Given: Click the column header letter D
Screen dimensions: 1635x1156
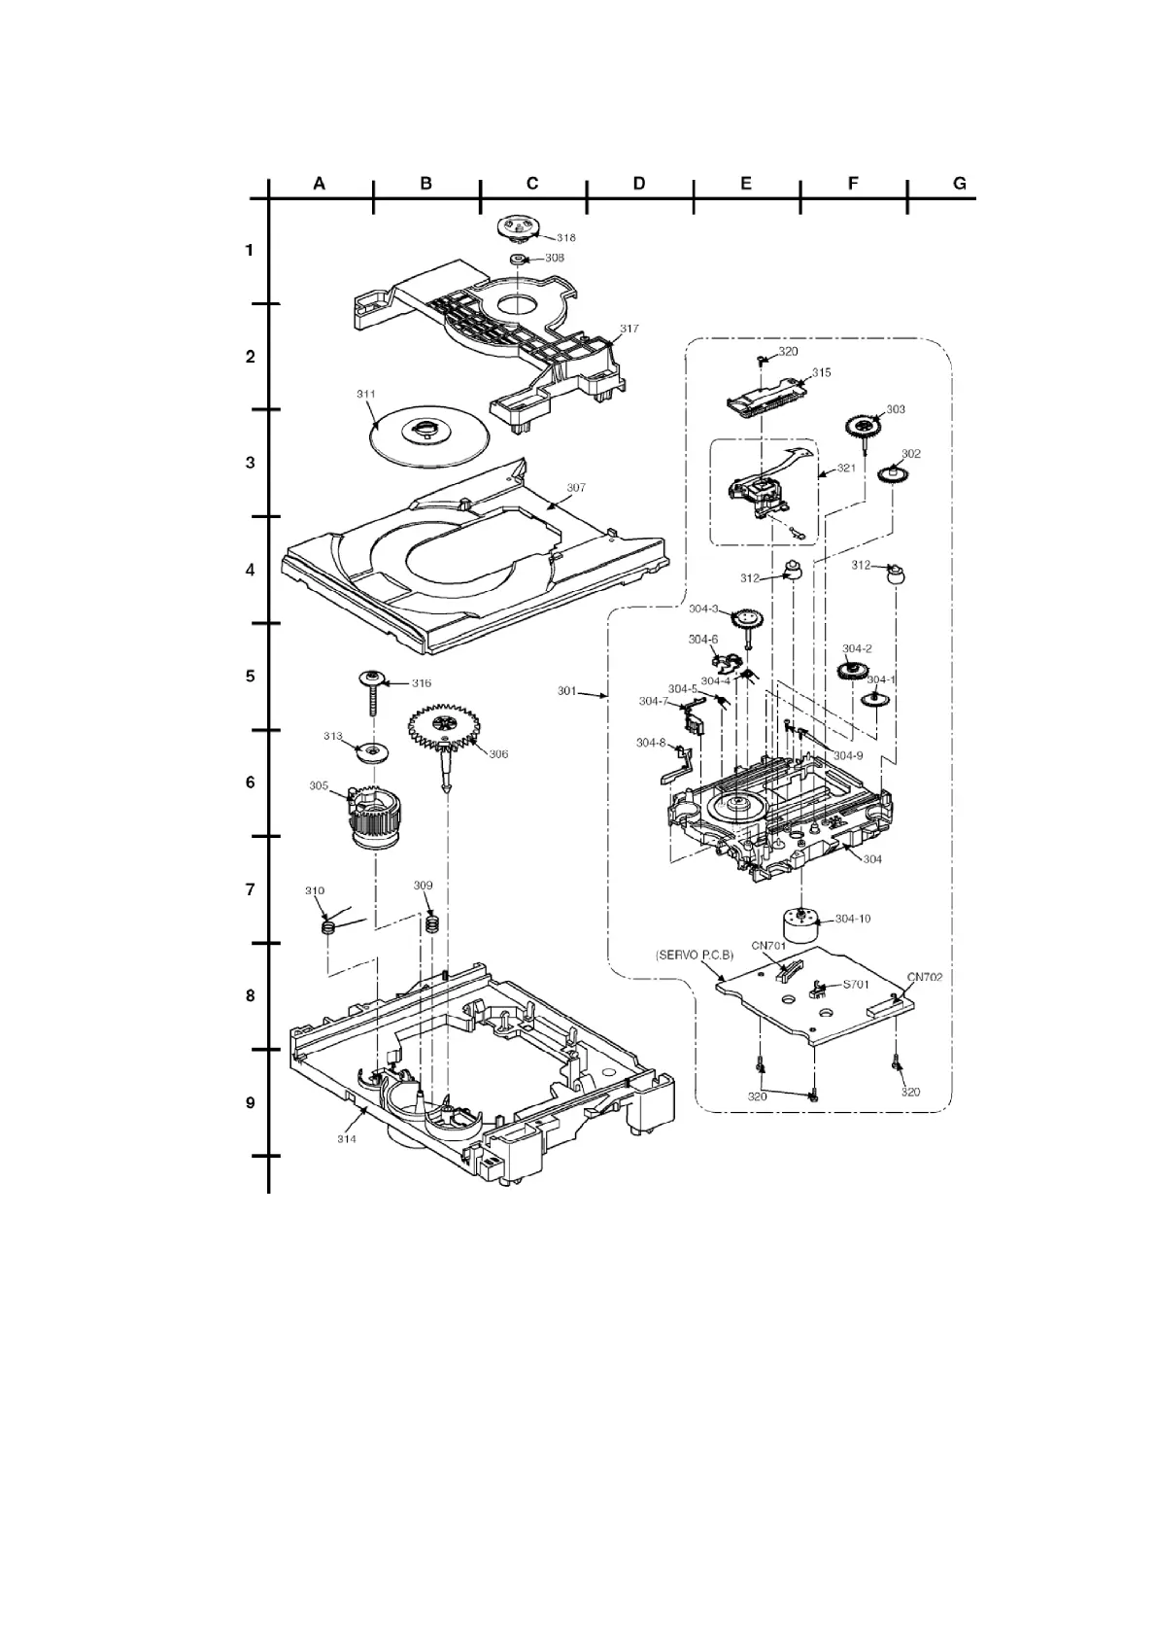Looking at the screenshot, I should [x=638, y=183].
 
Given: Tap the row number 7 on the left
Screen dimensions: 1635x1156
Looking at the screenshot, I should [x=250, y=889].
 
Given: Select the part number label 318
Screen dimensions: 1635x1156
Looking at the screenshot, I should [x=565, y=237].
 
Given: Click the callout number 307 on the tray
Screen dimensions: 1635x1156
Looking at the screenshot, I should [x=576, y=487].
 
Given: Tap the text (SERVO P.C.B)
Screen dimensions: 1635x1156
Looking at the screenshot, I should [x=695, y=956].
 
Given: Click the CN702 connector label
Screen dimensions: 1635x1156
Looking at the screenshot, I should [x=925, y=977].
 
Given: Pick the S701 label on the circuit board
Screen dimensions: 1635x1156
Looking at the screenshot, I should [x=856, y=984].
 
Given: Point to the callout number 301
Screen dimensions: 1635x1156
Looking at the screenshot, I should [x=567, y=691].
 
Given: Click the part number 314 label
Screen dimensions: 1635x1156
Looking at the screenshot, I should [x=347, y=1138].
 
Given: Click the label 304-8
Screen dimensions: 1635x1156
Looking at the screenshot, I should [x=651, y=743].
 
